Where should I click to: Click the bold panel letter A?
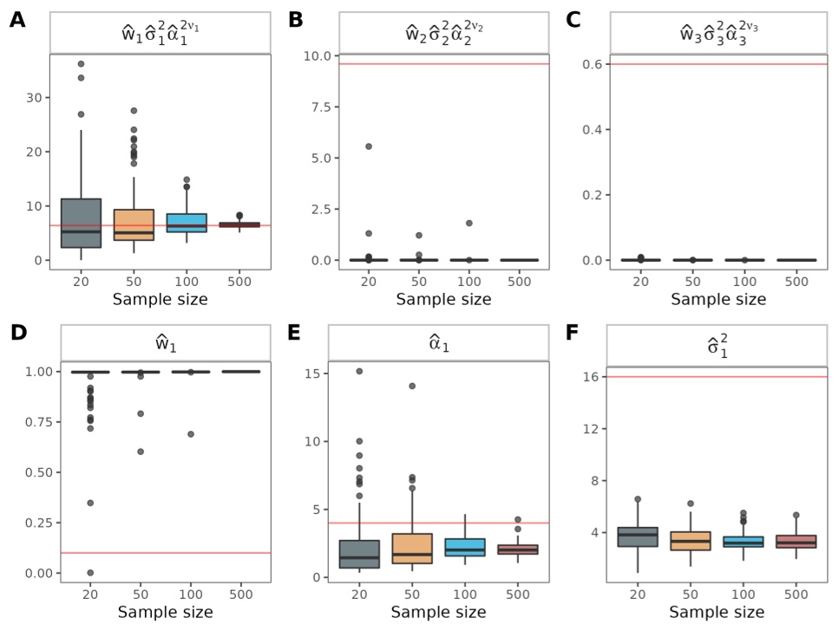click(17, 19)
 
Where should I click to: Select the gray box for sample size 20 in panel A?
click(89, 223)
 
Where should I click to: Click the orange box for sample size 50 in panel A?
click(134, 224)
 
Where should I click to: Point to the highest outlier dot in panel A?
click(81, 64)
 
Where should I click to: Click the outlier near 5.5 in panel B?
click(368, 146)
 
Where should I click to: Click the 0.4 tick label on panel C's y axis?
click(593, 129)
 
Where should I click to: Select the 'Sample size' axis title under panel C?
click(718, 299)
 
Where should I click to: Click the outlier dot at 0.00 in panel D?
click(89, 572)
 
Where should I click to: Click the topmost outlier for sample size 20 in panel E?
click(359, 371)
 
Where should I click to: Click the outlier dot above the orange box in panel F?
click(692, 504)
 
